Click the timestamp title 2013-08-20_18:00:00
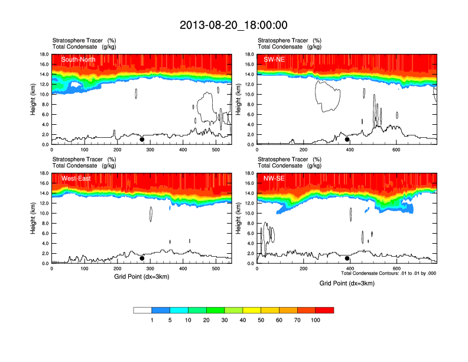pos(233,25)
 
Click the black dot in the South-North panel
pos(142,140)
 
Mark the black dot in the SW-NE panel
pos(347,140)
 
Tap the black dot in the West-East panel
pos(142,258)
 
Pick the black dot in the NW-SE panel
pos(347,258)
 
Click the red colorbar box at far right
pos(324,310)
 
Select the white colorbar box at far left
pos(142,310)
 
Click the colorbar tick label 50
pos(261,320)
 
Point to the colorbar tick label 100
pos(316,320)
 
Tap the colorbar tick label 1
pos(152,320)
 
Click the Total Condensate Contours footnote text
pos(388,273)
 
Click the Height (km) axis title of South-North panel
pos(33,99)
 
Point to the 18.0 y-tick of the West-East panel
pos(43,173)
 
